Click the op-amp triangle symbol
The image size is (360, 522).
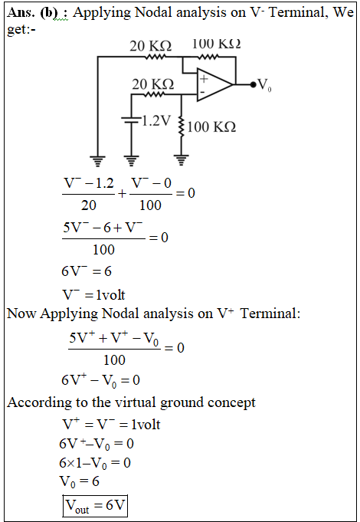point(214,84)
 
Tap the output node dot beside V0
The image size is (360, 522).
point(254,84)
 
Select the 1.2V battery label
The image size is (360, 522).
point(156,120)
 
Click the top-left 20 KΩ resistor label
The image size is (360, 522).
point(151,46)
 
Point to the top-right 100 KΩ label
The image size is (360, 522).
point(216,44)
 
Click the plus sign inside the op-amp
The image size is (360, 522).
point(204,78)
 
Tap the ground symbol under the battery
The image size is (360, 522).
point(132,161)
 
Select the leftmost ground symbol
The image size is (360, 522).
point(97,161)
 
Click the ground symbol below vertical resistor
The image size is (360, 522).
point(182,160)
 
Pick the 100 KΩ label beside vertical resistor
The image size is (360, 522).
point(211,126)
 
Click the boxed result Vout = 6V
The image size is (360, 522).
point(95,506)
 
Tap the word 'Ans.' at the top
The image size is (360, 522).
point(21,12)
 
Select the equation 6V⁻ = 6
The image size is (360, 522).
point(87,271)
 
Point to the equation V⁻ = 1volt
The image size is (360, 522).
point(93,294)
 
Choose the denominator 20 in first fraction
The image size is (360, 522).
point(89,205)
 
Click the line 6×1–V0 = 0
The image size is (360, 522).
point(95,463)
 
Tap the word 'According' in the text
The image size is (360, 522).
point(40,403)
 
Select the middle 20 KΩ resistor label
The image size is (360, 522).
point(153,84)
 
